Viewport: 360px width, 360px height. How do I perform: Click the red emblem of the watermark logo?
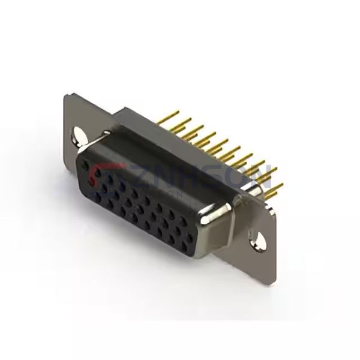point(99,175)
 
